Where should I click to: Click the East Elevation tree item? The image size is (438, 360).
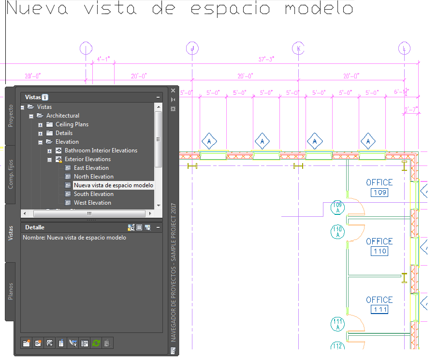[x=91, y=168]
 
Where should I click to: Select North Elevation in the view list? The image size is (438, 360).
[x=93, y=177]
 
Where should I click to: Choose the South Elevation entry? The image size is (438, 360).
[x=93, y=194]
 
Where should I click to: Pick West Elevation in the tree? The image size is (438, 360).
[x=92, y=203]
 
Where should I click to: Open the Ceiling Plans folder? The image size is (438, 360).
[x=72, y=124]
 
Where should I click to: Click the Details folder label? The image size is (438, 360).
[x=64, y=133]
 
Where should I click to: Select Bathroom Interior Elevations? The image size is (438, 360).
[x=101, y=150]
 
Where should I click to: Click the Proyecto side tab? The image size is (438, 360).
[x=11, y=116]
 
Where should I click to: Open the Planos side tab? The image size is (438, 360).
[x=11, y=291]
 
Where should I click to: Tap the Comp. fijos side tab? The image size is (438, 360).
[x=11, y=174]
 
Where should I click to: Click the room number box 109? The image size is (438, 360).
[x=380, y=193]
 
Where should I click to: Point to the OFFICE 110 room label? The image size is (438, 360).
[x=380, y=241]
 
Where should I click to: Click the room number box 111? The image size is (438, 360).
[x=380, y=310]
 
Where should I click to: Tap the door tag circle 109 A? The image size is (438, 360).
[x=337, y=208]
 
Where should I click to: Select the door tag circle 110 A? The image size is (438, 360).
[x=337, y=232]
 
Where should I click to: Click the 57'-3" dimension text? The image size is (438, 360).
[x=266, y=59]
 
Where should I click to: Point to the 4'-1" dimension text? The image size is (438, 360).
[x=103, y=59]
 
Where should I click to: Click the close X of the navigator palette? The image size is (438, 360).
[x=173, y=90]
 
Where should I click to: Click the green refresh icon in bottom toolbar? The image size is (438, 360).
[x=96, y=343]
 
